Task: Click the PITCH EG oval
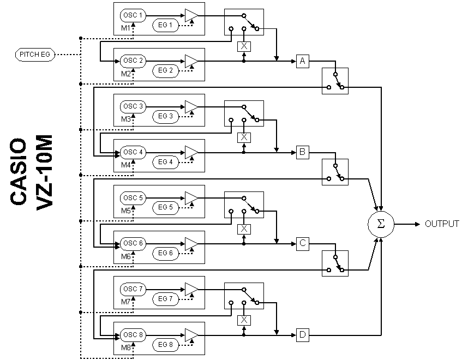(35, 55)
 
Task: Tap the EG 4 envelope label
(165, 162)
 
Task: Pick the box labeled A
(303, 61)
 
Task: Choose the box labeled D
(303, 334)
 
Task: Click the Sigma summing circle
(381, 224)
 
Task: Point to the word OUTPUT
(442, 224)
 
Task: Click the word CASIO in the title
(19, 172)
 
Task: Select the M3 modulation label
(126, 118)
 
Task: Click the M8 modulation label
(126, 347)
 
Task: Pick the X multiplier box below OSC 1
(244, 46)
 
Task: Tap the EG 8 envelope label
(165, 344)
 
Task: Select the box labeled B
(303, 152)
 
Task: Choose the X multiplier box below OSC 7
(244, 320)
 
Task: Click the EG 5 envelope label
(165, 207)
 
